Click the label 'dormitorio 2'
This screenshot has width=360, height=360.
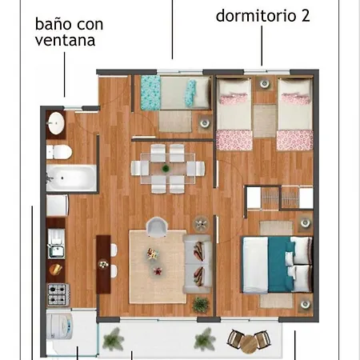(262, 16)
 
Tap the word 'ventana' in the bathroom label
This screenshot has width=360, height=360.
(65, 41)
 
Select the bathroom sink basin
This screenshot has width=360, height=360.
(56, 123)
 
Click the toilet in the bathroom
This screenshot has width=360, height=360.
(59, 152)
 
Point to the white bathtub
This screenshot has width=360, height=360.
(71, 178)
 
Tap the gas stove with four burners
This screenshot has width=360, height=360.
(58, 295)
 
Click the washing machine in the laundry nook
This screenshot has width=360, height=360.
(60, 326)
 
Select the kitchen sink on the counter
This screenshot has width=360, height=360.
(56, 243)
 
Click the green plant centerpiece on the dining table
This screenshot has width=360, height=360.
(166, 169)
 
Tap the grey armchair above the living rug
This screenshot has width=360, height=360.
(157, 227)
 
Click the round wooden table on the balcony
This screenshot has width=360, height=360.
(248, 344)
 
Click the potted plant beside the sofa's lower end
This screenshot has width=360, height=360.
(201, 305)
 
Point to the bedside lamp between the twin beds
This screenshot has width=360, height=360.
(265, 84)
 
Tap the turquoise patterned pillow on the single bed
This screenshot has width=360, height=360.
(191, 93)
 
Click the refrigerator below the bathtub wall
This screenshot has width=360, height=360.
(58, 206)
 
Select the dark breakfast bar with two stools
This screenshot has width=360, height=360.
(103, 264)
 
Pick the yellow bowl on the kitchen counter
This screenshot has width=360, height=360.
(55, 270)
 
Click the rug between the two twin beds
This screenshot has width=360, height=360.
(265, 121)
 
